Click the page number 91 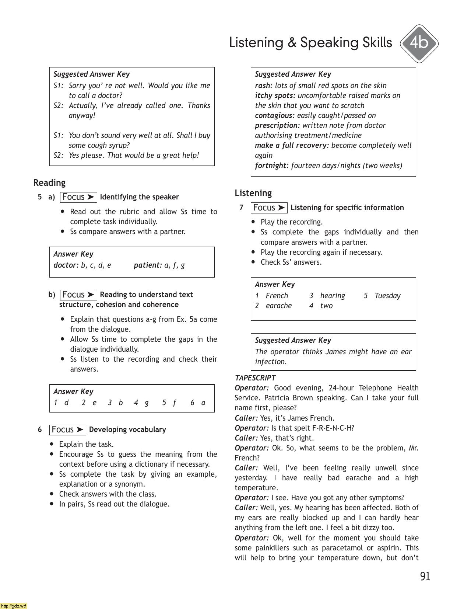tap(425, 576)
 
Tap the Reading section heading tap(49, 183)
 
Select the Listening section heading tap(253, 193)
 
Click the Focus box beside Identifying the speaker tap(78, 197)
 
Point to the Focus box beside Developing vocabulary tap(67, 430)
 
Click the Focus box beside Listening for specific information tap(269, 208)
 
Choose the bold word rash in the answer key tap(263, 86)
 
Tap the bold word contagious tap(274, 115)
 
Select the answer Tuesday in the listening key tap(387, 296)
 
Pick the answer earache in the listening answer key tap(278, 306)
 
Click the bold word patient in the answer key tap(147, 265)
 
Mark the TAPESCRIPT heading tap(255, 378)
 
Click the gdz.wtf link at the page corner tap(14, 606)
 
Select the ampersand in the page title tap(292, 43)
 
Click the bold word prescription tap(277, 125)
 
